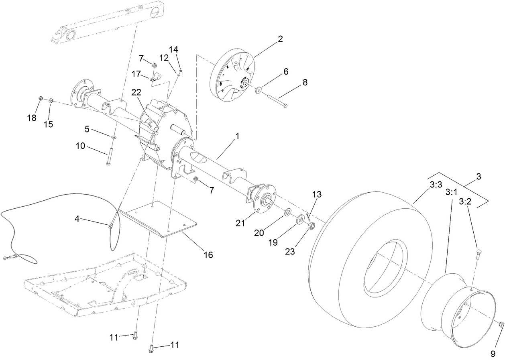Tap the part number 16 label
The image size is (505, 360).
point(208,255)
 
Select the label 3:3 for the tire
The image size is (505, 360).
point(435,185)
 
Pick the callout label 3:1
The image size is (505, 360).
point(451,193)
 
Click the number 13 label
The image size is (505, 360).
point(317,194)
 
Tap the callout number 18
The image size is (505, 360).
point(32,118)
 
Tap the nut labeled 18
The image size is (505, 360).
point(41,98)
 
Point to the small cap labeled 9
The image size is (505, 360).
point(502,325)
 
